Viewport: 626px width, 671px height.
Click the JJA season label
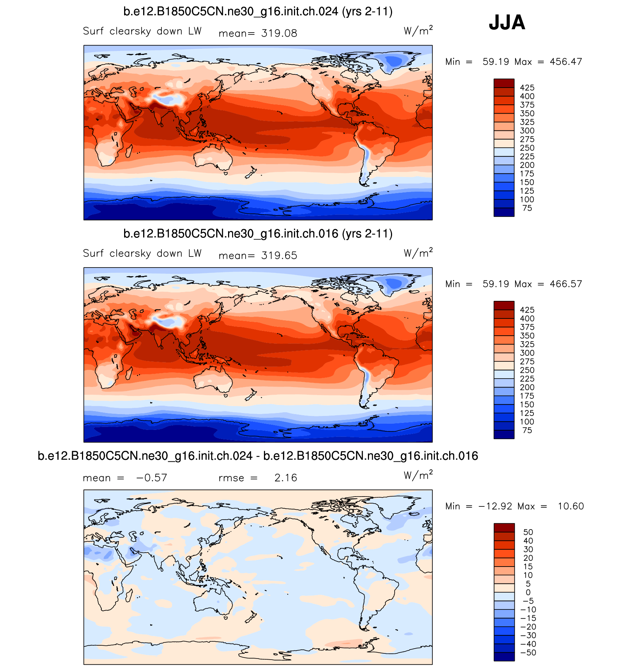(x=507, y=23)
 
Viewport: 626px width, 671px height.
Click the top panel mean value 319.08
(x=279, y=33)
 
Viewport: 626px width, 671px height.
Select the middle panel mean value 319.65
(x=279, y=255)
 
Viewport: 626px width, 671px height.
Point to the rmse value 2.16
(x=286, y=478)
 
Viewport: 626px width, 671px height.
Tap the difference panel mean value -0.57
(x=152, y=478)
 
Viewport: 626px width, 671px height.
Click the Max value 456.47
(x=566, y=62)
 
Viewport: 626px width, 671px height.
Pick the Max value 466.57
(x=566, y=284)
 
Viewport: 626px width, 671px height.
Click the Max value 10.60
(x=570, y=506)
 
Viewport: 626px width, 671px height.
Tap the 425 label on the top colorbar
(x=527, y=88)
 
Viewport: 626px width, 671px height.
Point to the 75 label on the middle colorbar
(x=527, y=430)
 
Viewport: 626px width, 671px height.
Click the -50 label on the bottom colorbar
(x=528, y=652)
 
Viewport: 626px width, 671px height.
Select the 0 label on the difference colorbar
(x=528, y=592)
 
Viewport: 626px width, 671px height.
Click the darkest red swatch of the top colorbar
(x=504, y=83)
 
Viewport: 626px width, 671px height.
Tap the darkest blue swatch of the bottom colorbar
(x=504, y=657)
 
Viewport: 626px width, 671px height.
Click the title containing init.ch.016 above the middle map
(x=258, y=234)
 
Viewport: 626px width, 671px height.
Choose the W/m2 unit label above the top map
(x=418, y=30)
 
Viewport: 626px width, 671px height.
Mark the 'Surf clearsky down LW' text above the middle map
(x=142, y=253)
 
